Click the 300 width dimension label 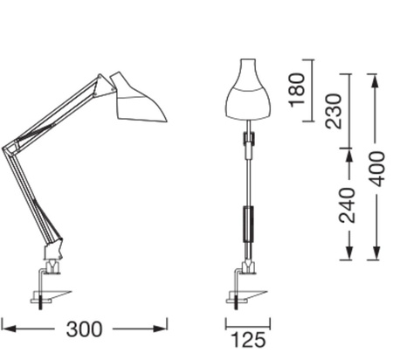[85, 329]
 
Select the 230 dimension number [334, 111]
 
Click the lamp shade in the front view [246, 92]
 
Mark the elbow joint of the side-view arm [13, 144]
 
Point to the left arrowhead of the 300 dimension [5, 329]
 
